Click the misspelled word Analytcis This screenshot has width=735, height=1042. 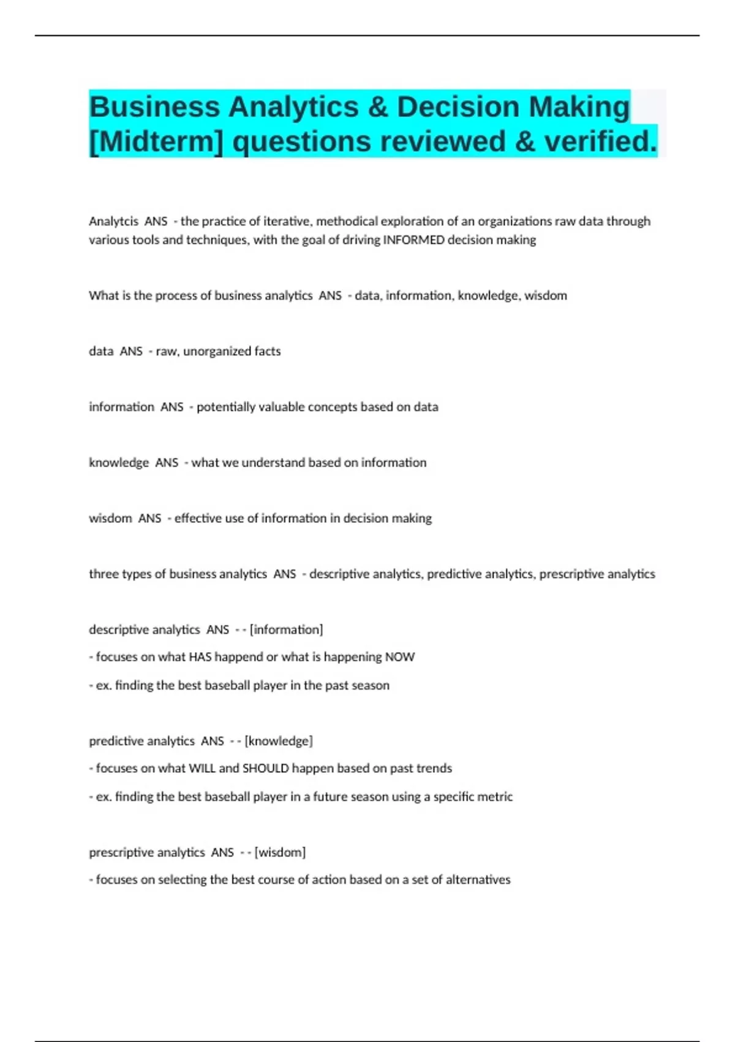point(113,221)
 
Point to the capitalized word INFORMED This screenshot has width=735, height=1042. point(413,240)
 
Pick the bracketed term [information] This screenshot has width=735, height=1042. point(286,629)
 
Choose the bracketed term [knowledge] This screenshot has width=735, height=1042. point(278,741)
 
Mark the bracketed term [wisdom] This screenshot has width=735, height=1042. point(280,853)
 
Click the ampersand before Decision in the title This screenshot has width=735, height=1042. point(378,107)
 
